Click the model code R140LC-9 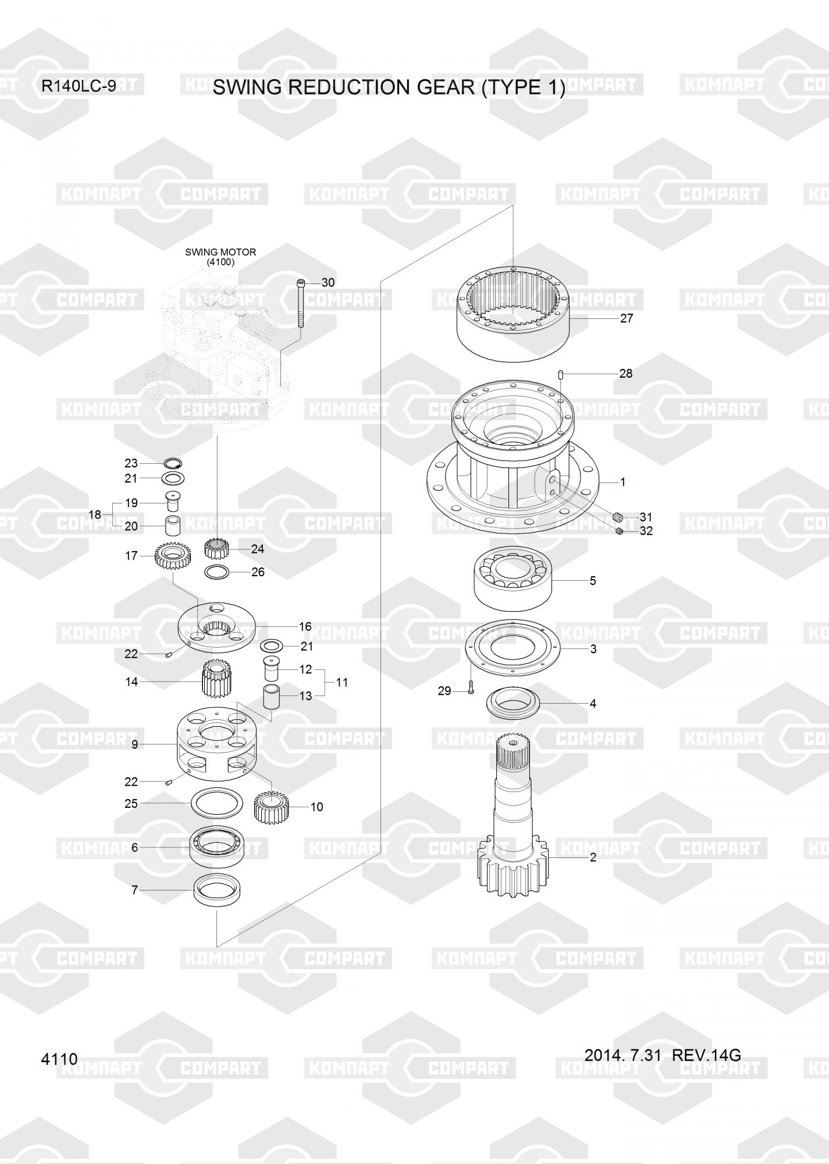79,86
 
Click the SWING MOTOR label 220,252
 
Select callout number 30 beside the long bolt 328,283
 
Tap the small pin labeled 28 560,374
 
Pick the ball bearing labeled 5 513,579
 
